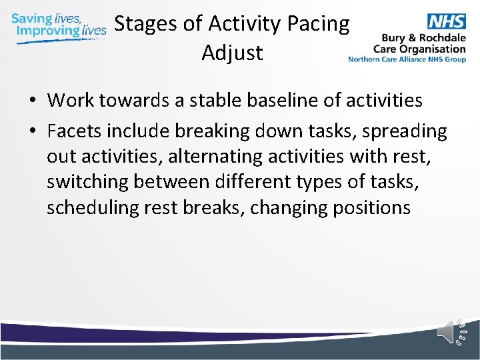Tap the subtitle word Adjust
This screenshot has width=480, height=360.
pos(232,52)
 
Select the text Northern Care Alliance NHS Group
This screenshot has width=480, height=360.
pos(407,59)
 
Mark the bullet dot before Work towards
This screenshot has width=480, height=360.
pos(31,101)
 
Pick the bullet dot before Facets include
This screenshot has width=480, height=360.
pos(31,132)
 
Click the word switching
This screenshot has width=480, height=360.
pos(87,183)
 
